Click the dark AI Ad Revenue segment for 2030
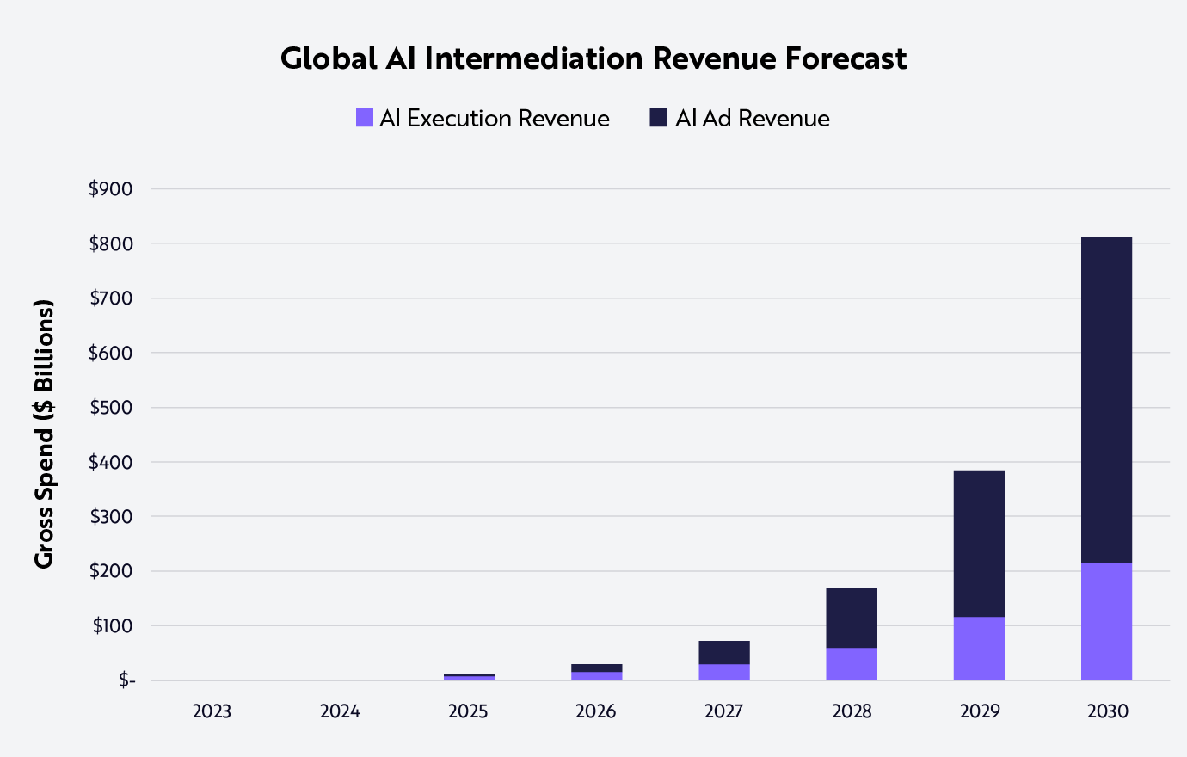[x=1106, y=400]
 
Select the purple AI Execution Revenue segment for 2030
[x=1106, y=621]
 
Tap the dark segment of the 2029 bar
[x=979, y=544]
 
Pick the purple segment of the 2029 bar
[x=979, y=649]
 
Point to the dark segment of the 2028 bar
[x=852, y=618]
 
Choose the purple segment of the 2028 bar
[x=852, y=664]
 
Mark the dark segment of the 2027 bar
[x=723, y=652]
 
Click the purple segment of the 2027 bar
[x=723, y=672]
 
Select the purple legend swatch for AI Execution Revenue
[x=365, y=118]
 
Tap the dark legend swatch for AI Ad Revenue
[x=658, y=118]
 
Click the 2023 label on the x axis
[x=212, y=711]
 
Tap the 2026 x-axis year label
[x=595, y=711]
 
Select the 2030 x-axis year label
[x=1107, y=711]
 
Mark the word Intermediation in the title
[x=533, y=58]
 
